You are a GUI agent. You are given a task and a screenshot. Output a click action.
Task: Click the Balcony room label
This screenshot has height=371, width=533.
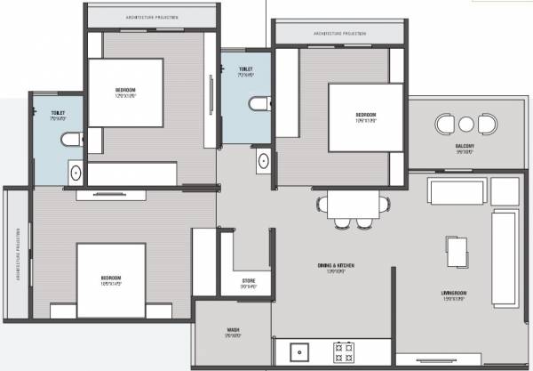coord(464,148)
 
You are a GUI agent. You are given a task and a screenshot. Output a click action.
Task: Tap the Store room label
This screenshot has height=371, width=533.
coord(249,285)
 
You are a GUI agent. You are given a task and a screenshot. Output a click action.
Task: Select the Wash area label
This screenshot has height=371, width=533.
coord(233,332)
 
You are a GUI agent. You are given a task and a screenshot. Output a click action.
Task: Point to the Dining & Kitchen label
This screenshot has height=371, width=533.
coord(336,268)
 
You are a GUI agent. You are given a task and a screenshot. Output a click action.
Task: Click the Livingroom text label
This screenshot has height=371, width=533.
coord(454,294)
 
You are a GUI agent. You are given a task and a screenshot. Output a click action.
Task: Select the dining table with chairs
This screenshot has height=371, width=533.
coord(354,207)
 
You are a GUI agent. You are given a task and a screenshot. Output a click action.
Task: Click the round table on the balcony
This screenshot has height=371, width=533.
coord(465,124)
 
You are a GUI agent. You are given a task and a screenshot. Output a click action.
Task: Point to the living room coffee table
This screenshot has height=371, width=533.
coord(456,252)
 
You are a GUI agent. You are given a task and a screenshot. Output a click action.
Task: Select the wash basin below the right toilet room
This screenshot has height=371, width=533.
coord(263,161)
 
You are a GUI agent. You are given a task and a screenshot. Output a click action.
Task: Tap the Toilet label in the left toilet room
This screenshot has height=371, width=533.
coord(59,115)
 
